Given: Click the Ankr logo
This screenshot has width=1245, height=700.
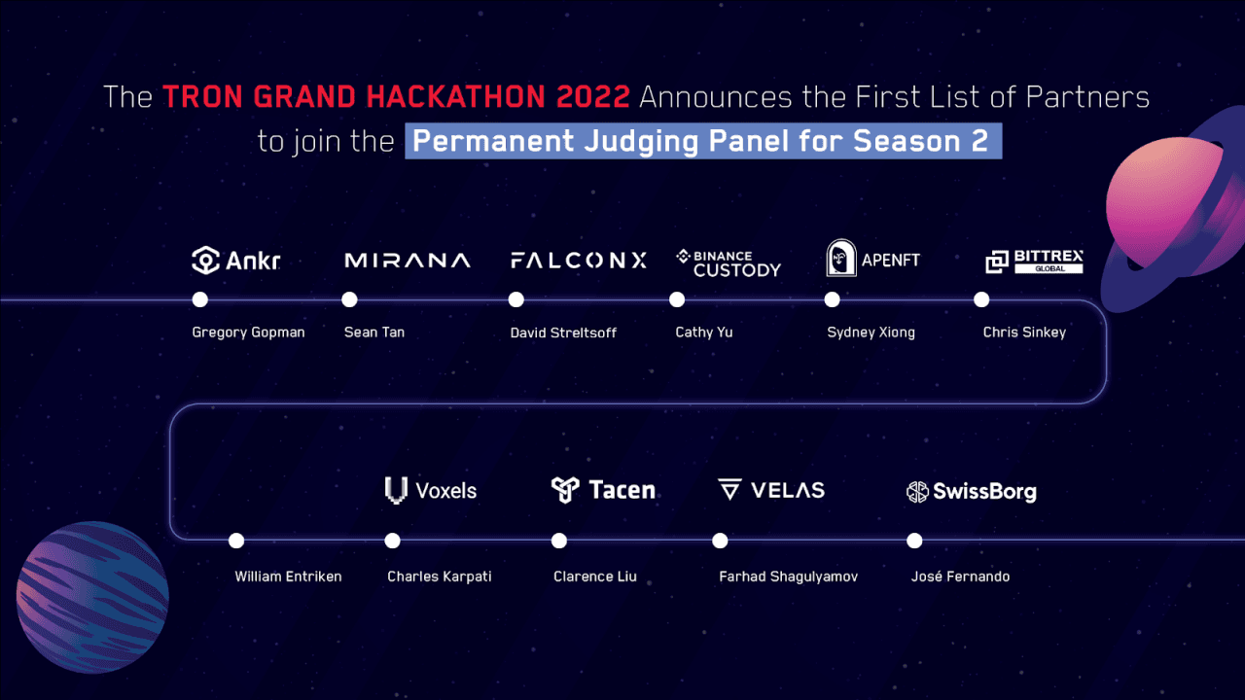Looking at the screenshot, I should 235,261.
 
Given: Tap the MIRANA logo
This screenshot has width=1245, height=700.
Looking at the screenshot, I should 408,261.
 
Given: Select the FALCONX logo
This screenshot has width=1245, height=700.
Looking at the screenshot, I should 578,261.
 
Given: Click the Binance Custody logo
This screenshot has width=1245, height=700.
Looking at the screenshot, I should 729,262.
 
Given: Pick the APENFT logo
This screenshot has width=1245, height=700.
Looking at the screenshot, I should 872,260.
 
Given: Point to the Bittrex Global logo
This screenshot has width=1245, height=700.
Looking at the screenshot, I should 1034,261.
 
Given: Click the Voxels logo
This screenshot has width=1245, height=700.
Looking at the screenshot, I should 431,490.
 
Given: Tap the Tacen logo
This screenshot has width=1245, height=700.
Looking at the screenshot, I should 603,489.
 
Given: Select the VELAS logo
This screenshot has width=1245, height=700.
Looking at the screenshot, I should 771,490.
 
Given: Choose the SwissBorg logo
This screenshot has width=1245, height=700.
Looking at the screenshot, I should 971,492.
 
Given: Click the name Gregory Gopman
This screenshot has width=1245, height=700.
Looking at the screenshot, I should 248,332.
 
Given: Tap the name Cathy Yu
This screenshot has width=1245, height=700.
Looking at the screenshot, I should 704,332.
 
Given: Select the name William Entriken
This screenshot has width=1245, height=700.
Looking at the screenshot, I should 288,577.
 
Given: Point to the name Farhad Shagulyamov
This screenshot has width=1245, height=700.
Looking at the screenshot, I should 788,577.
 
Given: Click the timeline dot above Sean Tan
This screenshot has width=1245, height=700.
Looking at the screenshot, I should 350,299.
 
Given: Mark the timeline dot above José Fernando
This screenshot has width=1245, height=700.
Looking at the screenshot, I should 914,541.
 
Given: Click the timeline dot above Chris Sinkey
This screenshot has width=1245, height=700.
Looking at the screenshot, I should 981,299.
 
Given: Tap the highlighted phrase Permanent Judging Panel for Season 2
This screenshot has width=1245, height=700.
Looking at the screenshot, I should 703,141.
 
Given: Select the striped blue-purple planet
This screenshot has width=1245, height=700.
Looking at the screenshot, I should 92,583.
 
